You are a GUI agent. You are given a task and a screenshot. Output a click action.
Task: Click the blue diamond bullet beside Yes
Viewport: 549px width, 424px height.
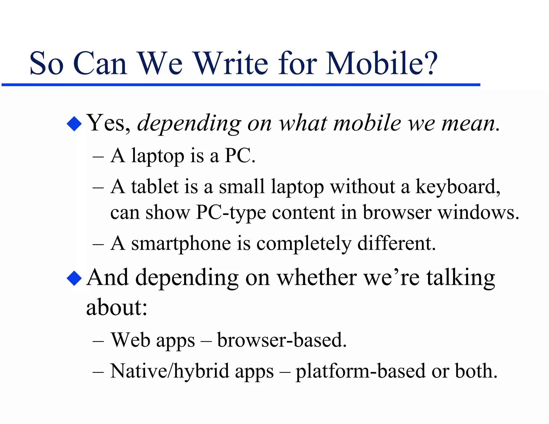click(74, 124)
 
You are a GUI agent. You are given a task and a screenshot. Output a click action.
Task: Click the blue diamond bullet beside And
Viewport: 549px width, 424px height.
click(74, 278)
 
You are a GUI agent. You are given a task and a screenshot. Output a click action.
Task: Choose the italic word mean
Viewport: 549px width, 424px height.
click(470, 124)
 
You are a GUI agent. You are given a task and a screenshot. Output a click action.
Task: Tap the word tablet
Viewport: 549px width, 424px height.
click(155, 187)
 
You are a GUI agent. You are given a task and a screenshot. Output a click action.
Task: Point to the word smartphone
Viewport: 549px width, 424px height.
click(181, 244)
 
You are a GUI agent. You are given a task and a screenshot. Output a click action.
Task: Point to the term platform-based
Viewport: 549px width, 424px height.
click(361, 371)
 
